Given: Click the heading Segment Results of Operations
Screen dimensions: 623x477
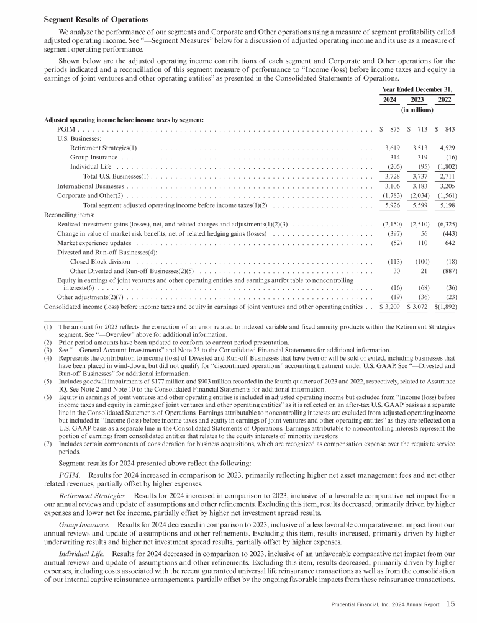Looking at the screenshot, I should pyautogui.click(x=96, y=20).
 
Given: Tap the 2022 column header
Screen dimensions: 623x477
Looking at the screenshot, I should pyautogui.click(x=445, y=100).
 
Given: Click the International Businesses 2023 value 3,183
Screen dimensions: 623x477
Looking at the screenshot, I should pyautogui.click(x=418, y=186).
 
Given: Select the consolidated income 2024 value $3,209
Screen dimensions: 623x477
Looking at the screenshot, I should pyautogui.click(x=389, y=307).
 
